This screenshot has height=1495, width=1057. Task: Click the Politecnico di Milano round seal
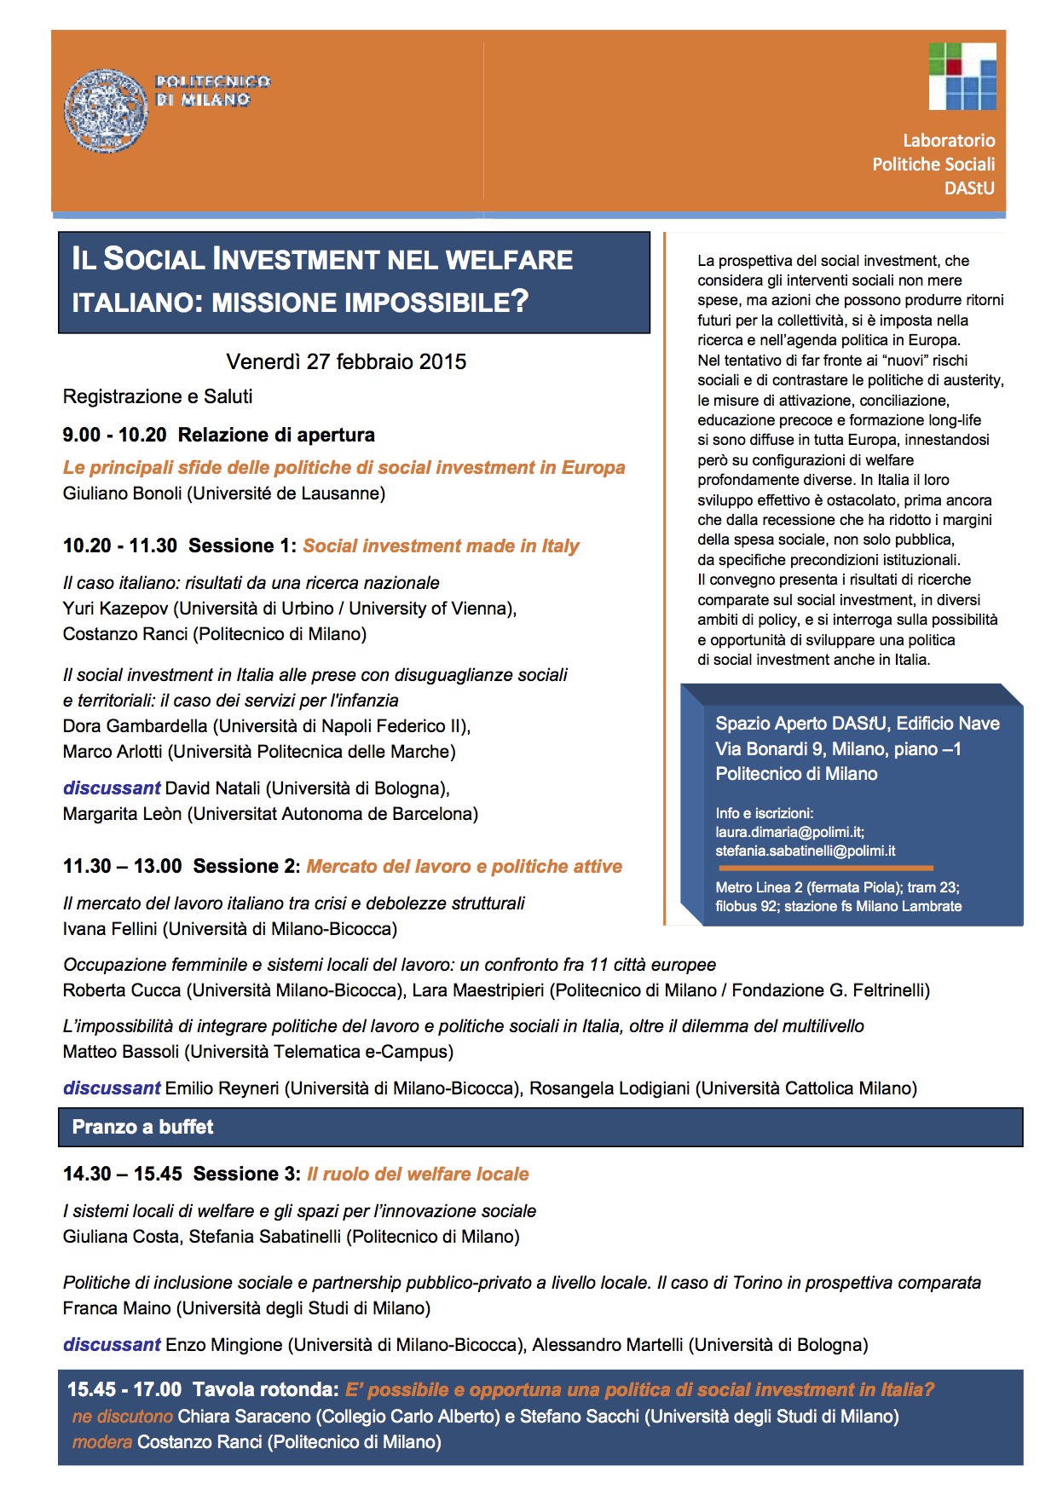pyautogui.click(x=106, y=111)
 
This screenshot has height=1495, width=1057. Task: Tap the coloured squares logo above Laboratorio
pyautogui.click(x=962, y=76)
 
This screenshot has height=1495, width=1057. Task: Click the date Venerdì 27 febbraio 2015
pyautogui.click(x=346, y=361)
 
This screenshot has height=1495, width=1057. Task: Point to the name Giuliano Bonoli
pyautogui.click(x=124, y=494)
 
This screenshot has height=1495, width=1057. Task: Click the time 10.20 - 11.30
pyautogui.click(x=120, y=545)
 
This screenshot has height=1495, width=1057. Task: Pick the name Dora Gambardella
pyautogui.click(x=135, y=726)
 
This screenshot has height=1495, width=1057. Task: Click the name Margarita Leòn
pyautogui.click(x=122, y=814)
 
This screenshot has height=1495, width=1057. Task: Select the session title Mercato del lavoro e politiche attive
pyautogui.click(x=464, y=867)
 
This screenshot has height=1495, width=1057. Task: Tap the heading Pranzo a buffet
pyautogui.click(x=142, y=1127)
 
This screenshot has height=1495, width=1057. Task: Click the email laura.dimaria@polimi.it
pyautogui.click(x=789, y=832)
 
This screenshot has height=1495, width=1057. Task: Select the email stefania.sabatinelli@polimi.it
pyautogui.click(x=806, y=851)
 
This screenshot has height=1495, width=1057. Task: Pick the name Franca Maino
pyautogui.click(x=118, y=1308)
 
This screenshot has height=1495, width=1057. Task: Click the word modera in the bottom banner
pyautogui.click(x=102, y=1442)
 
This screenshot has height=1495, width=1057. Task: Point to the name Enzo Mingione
pyautogui.click(x=223, y=1345)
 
